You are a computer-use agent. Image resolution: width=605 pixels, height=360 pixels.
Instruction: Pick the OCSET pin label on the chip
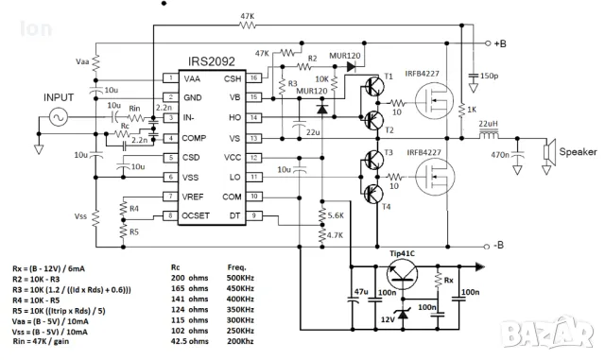coord(196,216)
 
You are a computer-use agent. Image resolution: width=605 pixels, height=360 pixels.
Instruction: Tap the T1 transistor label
coord(388,77)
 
